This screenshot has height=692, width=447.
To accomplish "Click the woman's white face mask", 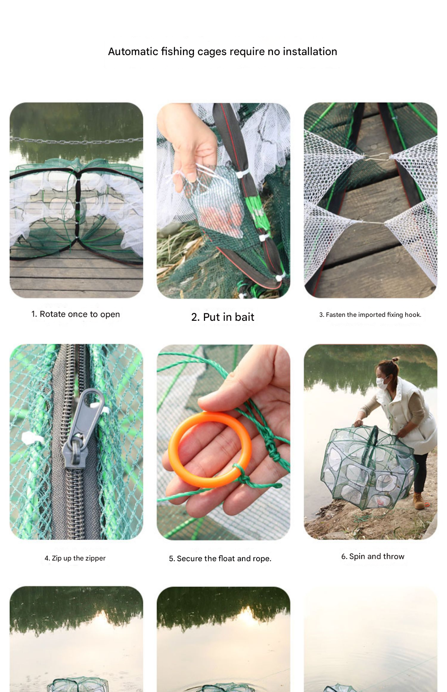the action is [x=382, y=381].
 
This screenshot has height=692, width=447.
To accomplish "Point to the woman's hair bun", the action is [x=395, y=359].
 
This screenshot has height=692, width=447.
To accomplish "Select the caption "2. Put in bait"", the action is [x=223, y=317].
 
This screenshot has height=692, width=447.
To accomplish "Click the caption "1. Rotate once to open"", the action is [x=76, y=314].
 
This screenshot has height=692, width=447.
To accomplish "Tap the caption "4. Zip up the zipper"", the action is [x=75, y=558].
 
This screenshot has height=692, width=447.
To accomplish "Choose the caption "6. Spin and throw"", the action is [x=373, y=556].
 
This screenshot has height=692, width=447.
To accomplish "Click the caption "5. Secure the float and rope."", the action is [x=220, y=559].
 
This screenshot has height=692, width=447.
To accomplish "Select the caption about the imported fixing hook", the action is [x=370, y=315].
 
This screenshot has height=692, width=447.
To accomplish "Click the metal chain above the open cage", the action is [x=76, y=140].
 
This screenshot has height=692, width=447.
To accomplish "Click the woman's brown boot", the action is [x=418, y=501].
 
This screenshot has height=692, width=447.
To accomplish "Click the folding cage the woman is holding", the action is [x=368, y=468].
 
